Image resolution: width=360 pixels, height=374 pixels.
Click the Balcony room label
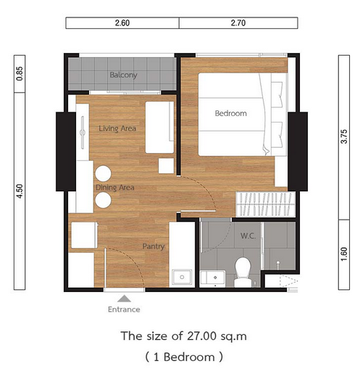pos(123,75)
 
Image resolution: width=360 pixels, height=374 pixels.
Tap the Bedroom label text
pos(231,113)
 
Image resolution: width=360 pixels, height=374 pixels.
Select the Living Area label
pos(117,128)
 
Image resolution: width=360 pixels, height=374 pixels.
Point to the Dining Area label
pos(115,188)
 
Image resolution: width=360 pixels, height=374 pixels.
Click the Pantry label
pos(154,246)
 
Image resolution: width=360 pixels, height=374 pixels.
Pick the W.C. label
pos(248,236)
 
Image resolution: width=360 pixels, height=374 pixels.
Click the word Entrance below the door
pos(124,309)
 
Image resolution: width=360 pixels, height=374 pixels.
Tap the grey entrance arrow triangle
pos(125,299)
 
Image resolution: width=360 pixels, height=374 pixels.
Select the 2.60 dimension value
pos(122,23)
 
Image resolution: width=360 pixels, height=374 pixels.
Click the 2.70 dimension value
pos(238,23)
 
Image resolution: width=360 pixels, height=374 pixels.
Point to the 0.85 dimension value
pos(20,74)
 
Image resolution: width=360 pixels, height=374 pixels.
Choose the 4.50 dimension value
pos(20,191)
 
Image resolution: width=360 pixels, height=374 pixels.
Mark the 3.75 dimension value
pos(344,136)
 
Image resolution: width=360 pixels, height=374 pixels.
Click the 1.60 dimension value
pos(344,254)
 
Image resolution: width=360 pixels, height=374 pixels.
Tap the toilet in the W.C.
pos(243,273)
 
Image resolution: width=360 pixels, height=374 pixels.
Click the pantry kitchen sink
pos(182,277)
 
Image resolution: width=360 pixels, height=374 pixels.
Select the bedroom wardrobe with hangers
pos(266,204)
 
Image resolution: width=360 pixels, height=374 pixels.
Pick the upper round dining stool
pos(103,173)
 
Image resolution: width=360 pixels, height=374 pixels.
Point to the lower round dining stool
pos(103,200)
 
